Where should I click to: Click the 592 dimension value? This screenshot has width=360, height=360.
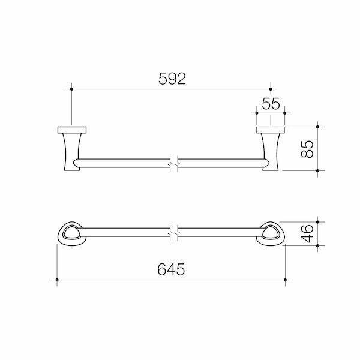[x=170, y=79]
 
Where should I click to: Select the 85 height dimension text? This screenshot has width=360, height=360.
[x=306, y=148]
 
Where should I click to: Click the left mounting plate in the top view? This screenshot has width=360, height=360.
[x=71, y=130]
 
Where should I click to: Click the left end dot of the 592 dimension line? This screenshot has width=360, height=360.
[x=71, y=89]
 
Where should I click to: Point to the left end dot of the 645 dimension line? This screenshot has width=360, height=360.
[x=56, y=280]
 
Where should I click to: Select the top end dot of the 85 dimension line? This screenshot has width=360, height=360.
[x=317, y=126]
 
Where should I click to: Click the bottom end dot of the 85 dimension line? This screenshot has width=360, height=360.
[x=317, y=170]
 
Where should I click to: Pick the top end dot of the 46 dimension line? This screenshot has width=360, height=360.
[x=317, y=221]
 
